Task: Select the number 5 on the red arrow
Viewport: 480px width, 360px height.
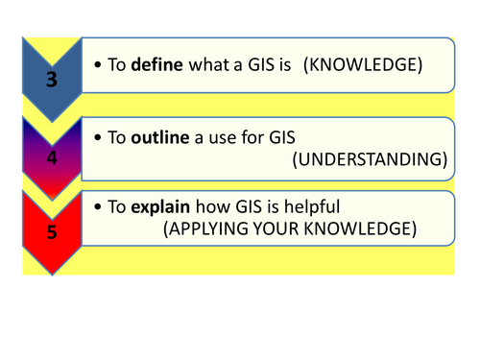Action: (50, 231)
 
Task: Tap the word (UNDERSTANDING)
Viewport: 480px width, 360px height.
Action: (370, 160)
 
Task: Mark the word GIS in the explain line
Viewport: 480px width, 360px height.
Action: (248, 207)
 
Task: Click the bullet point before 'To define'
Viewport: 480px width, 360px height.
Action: (99, 64)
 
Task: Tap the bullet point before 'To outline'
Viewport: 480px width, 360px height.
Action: (99, 138)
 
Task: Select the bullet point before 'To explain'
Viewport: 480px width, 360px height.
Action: (99, 207)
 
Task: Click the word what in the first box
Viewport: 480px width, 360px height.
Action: (211, 64)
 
